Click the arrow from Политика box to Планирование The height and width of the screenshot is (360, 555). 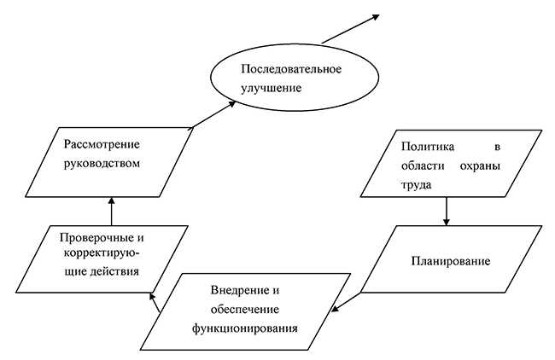(x=446, y=210)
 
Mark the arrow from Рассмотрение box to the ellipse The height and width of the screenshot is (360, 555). (x=213, y=114)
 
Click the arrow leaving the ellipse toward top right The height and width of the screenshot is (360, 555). (x=350, y=28)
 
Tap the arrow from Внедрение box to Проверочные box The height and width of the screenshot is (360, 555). (x=156, y=302)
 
